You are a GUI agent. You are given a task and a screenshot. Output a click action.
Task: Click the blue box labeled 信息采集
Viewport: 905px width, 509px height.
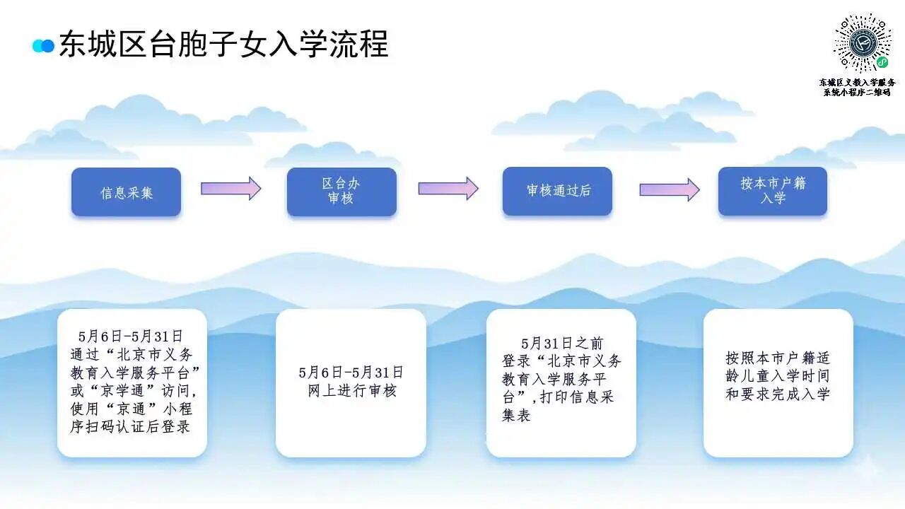tap(126, 192)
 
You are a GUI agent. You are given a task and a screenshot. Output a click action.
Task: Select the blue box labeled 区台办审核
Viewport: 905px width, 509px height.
tap(341, 192)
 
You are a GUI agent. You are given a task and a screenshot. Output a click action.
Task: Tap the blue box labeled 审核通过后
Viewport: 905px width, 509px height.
tap(558, 191)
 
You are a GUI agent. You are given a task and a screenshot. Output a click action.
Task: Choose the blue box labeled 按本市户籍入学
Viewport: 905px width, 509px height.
tap(773, 191)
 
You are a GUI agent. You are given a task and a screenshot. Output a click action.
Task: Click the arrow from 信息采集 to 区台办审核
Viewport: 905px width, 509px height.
tap(231, 188)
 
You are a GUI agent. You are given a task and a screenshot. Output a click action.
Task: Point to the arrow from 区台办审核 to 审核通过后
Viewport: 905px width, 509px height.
tap(448, 188)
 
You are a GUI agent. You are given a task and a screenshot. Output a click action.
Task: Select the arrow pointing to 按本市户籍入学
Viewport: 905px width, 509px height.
tap(670, 189)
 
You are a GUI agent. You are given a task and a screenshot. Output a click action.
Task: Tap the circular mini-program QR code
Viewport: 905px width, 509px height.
tap(863, 43)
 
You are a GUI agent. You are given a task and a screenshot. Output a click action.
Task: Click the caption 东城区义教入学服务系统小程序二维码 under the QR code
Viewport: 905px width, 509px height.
tap(858, 87)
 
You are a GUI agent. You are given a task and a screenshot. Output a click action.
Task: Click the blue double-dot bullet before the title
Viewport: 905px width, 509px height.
tap(43, 46)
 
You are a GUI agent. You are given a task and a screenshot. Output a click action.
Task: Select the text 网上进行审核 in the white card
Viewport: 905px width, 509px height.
tap(352, 391)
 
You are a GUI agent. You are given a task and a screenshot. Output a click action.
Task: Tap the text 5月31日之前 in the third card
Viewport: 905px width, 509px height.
tap(562, 344)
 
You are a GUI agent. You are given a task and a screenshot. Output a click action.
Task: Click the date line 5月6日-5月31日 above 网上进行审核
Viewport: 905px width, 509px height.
tap(351, 373)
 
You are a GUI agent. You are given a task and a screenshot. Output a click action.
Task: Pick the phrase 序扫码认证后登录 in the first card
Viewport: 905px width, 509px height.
tap(130, 426)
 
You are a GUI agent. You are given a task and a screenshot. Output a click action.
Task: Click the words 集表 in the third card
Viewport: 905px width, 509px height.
tap(516, 415)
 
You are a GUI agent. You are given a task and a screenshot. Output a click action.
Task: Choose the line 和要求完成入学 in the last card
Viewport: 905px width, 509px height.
tap(778, 394)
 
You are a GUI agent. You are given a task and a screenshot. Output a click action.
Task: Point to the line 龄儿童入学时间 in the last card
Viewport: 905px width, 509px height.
tap(778, 375)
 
